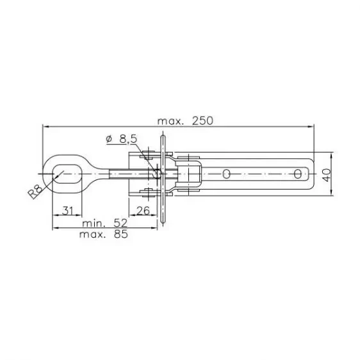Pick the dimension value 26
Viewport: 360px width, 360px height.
(143, 209)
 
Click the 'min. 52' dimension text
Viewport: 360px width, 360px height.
(105, 224)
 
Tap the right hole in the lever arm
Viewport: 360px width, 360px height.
(297, 173)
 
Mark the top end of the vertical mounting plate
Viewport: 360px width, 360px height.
(162, 133)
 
